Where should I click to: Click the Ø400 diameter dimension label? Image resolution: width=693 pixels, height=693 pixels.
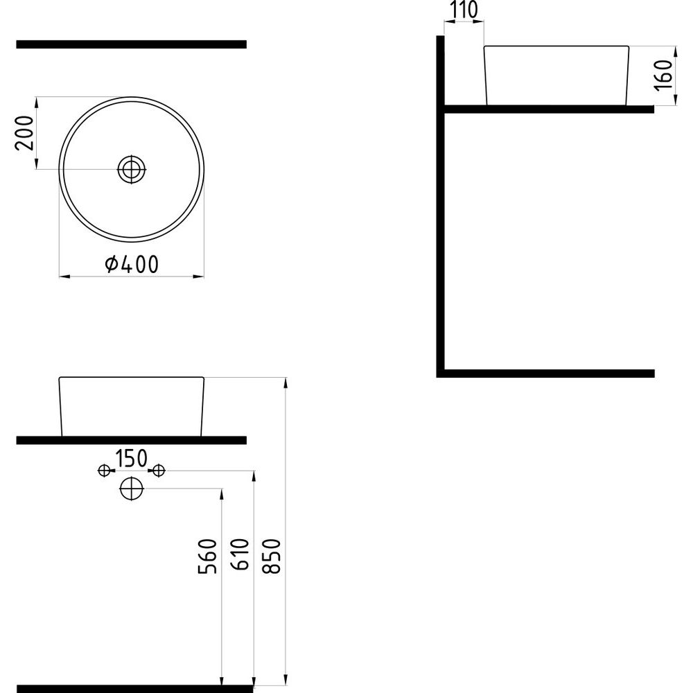[x=131, y=264]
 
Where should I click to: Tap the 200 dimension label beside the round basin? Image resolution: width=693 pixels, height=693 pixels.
[x=24, y=133]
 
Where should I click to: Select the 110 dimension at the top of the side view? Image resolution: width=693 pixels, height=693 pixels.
[x=464, y=10]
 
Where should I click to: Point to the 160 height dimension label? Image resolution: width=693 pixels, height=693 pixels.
[x=663, y=75]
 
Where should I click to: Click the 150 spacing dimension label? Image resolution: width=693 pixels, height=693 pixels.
[x=131, y=459]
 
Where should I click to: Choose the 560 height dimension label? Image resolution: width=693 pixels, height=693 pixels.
[x=207, y=556]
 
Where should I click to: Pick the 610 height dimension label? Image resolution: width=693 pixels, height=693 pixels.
[x=240, y=554]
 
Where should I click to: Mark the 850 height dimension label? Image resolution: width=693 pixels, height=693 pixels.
[x=272, y=556]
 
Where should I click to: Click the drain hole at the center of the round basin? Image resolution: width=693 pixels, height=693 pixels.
[x=132, y=169]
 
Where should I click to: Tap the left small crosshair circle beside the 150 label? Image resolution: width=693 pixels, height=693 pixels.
[x=104, y=471]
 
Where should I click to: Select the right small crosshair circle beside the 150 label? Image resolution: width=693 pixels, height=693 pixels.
[x=159, y=471]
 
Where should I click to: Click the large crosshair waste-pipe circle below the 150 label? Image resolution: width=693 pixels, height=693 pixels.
[x=132, y=489]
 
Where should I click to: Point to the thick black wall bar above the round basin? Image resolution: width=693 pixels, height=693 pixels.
[x=131, y=44]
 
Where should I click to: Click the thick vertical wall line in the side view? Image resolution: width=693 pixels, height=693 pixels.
[x=440, y=207]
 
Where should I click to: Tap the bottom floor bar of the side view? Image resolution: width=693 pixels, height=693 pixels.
[x=545, y=374]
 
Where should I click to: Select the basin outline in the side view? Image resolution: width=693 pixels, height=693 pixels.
[x=485, y=75]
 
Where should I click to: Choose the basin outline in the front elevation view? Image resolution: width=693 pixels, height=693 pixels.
[x=60, y=407]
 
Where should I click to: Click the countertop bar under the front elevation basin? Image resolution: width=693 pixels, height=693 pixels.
[x=131, y=441]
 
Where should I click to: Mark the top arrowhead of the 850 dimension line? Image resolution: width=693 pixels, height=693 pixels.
[x=286, y=383]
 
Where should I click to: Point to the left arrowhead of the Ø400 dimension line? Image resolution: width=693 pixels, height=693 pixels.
[x=64, y=277]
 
